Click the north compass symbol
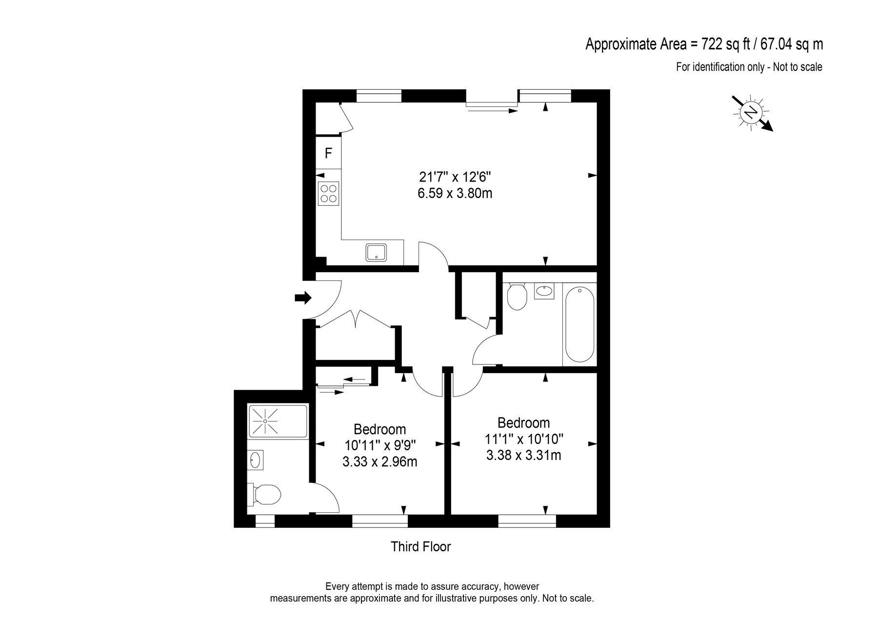pos(752,113)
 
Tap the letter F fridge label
pos(329,153)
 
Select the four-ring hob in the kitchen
pos(328,193)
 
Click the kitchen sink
pos(377,253)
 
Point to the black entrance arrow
pos(303,297)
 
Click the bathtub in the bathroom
pos(579,324)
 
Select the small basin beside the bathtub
pos(544,291)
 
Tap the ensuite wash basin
pos(256,460)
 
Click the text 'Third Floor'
pos(421,547)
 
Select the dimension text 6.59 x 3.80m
pos(455,194)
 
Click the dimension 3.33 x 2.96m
pos(380,461)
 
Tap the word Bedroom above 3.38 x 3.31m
pos(524,422)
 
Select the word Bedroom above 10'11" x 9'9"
pos(380,429)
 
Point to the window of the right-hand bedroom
pos(527,521)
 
